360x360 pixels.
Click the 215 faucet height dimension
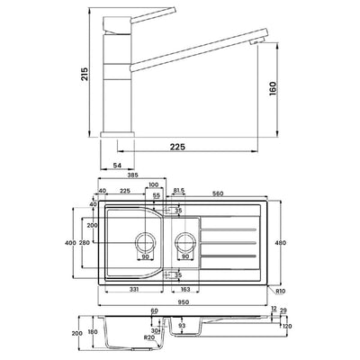tap(85, 74)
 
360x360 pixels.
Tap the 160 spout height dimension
tap(273, 88)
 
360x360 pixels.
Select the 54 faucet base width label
tap(117, 165)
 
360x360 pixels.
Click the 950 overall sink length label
tap(183, 302)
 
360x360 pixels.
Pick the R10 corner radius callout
tap(281, 291)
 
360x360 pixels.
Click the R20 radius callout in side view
tap(148, 337)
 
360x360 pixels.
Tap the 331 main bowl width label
tap(134, 289)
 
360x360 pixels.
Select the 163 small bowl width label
tap(185, 289)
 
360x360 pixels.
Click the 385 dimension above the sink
tap(132, 175)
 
